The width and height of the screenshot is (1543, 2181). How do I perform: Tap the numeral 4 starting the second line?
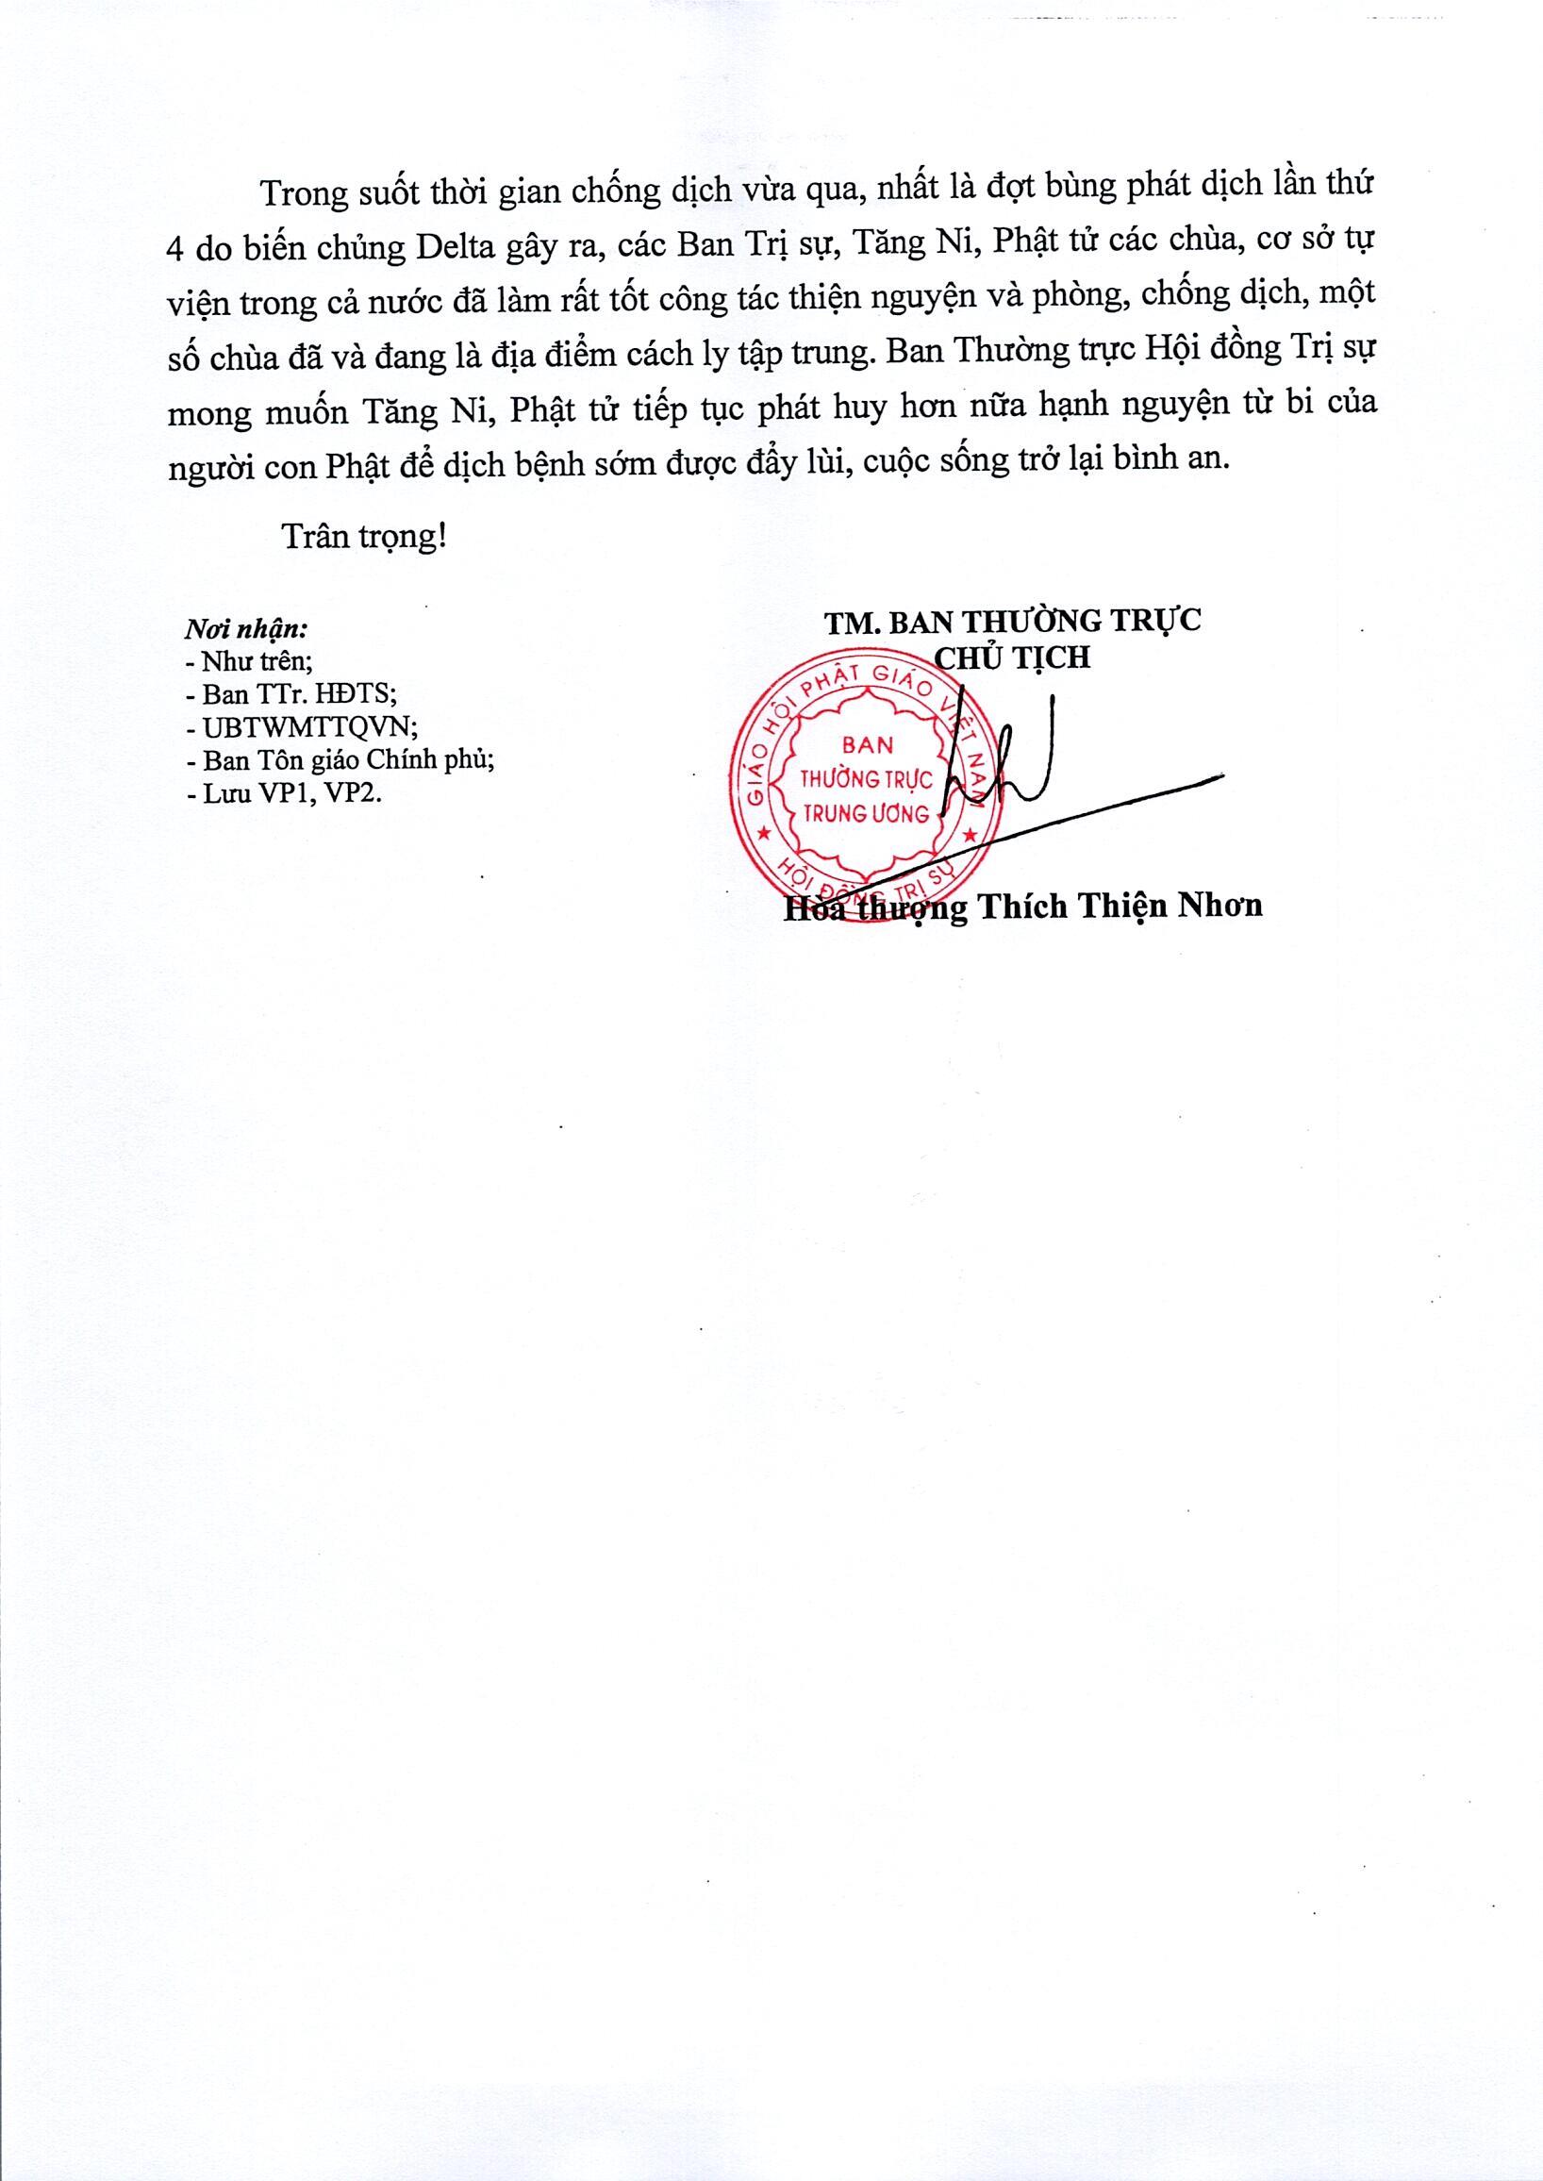174,248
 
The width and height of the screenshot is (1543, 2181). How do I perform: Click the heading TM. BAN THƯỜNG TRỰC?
1012,621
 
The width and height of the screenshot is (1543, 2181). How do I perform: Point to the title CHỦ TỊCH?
1013,657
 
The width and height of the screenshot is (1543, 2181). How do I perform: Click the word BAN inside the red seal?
867,744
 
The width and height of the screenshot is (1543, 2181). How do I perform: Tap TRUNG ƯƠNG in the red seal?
866,813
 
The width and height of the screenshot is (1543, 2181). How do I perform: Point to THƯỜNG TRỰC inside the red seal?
867,779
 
